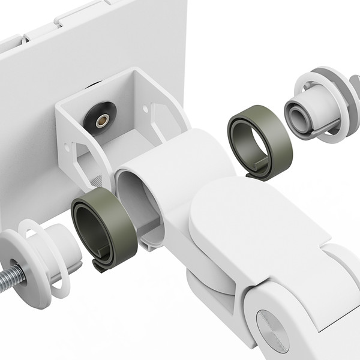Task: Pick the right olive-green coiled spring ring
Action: pyautogui.click(x=259, y=139)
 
